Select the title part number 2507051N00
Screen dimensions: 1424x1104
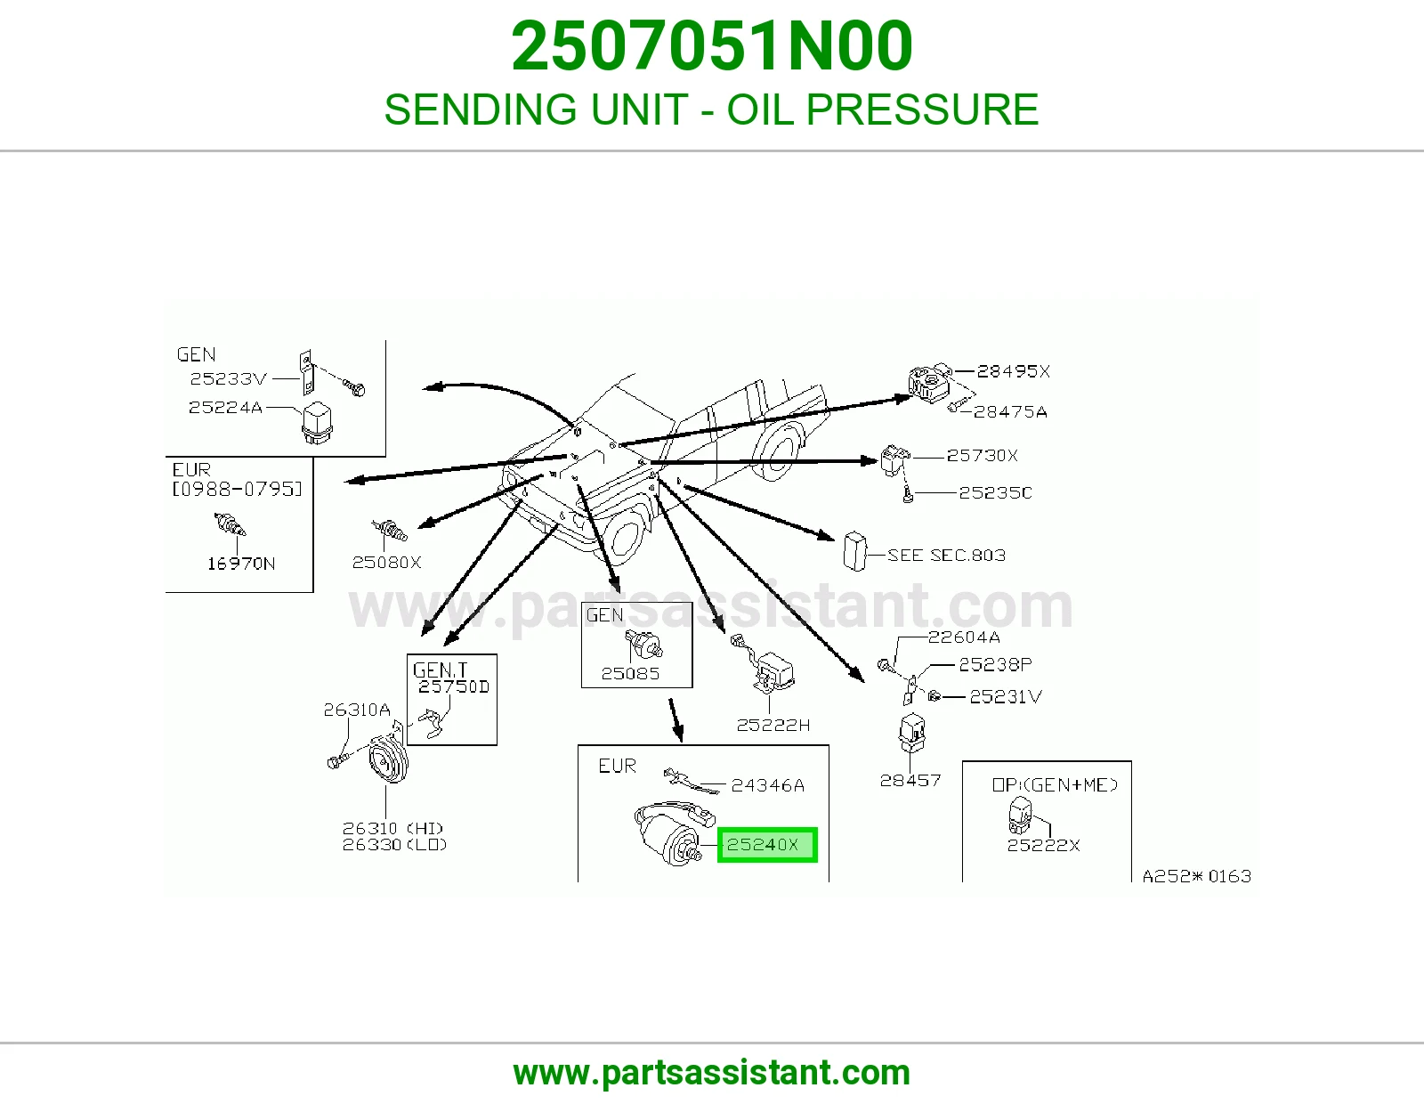(x=712, y=46)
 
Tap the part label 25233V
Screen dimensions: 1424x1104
(x=228, y=378)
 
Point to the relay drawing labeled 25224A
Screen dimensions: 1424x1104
(x=317, y=423)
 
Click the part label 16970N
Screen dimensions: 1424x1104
(x=241, y=564)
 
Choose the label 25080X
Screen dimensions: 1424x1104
(x=386, y=562)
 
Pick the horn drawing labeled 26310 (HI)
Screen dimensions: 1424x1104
(x=387, y=759)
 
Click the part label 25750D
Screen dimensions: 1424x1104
(x=454, y=686)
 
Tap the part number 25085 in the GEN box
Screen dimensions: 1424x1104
(x=630, y=673)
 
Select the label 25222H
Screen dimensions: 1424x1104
(x=773, y=725)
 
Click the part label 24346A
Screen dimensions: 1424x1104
(x=767, y=784)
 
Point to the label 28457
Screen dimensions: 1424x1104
(x=910, y=780)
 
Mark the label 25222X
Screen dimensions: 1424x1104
(x=1043, y=845)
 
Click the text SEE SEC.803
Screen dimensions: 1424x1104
(x=946, y=556)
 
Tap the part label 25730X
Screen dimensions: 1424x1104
(x=983, y=455)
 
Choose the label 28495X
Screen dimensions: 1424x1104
(x=1013, y=371)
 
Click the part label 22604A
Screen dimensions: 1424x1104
(x=964, y=637)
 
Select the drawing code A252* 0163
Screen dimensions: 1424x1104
(x=1197, y=876)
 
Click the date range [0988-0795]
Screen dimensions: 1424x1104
(x=238, y=489)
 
